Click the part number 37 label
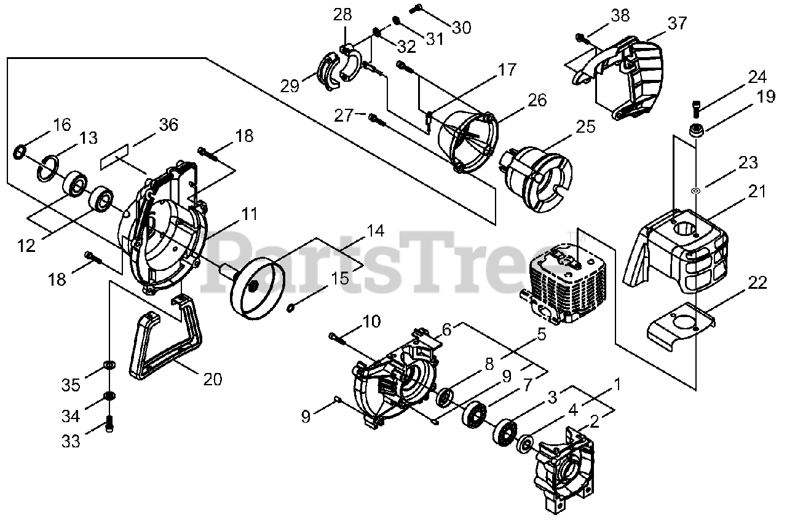[x=677, y=23]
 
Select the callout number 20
[x=212, y=380]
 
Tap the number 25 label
[x=586, y=127]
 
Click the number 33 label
[x=71, y=441]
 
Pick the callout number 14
[x=376, y=232]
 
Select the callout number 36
[x=168, y=125]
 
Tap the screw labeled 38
[x=581, y=38]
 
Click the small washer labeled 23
[x=695, y=191]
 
